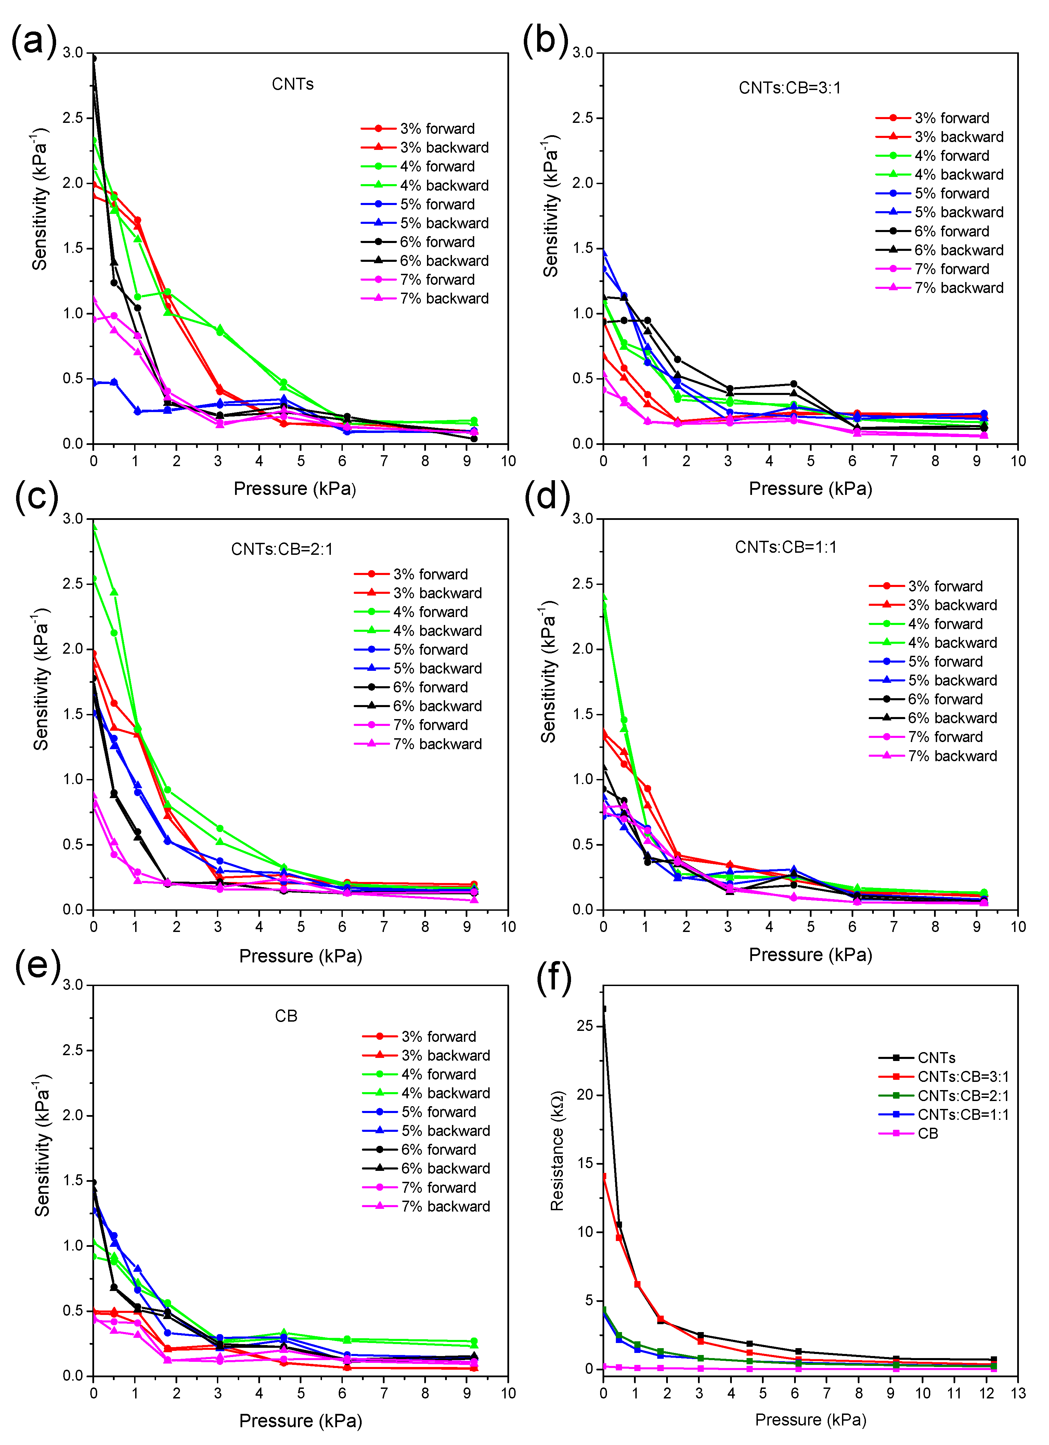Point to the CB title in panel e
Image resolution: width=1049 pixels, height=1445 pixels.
[286, 1015]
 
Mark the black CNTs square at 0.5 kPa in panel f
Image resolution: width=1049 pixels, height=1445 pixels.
[619, 1225]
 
